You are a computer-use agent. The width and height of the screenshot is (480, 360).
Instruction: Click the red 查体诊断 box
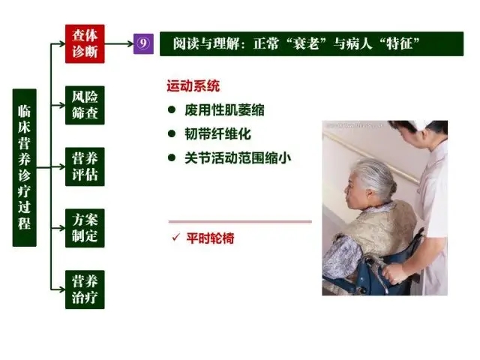(85, 43)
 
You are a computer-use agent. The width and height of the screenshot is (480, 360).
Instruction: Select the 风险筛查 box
(85, 105)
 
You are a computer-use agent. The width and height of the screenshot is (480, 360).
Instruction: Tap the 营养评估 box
(85, 166)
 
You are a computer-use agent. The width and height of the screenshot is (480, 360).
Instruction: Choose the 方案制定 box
(85, 228)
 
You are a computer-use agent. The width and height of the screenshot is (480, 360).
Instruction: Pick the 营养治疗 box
(85, 289)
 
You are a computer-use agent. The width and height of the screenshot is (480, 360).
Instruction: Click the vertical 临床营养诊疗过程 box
(25, 168)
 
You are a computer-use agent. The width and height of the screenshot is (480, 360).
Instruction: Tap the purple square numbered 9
(143, 43)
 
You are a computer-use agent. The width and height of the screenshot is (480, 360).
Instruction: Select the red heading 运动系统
(193, 86)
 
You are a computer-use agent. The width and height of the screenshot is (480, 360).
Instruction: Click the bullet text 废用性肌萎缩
(224, 110)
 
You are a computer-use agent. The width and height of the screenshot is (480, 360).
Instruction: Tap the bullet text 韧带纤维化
(217, 134)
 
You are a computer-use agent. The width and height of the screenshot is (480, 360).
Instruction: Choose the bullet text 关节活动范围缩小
(238, 158)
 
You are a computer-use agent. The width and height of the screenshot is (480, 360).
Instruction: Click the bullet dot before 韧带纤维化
(172, 133)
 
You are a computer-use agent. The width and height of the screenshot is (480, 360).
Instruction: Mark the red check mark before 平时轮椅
(175, 237)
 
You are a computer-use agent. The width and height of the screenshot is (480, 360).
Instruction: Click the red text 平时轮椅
(210, 238)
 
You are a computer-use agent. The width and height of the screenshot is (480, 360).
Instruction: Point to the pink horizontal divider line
(240, 221)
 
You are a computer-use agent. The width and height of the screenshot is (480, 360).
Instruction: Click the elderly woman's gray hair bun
(391, 186)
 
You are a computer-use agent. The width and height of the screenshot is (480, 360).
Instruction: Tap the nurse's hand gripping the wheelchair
(393, 272)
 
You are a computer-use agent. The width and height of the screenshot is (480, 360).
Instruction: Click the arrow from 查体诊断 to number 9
(119, 43)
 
